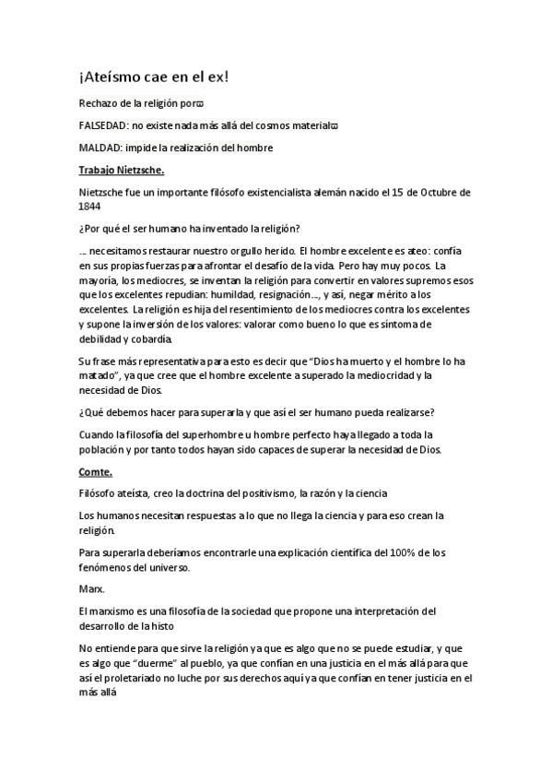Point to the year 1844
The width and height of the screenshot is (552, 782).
point(91,207)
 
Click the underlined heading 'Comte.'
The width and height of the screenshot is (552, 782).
point(96,471)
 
